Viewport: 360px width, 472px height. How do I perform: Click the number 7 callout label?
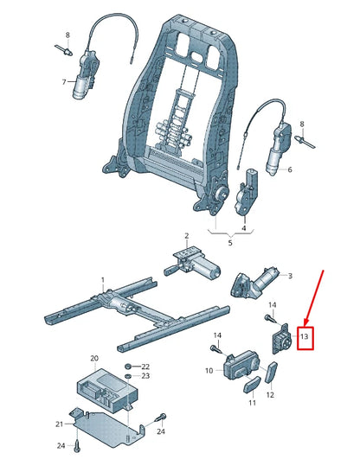(x=63, y=82)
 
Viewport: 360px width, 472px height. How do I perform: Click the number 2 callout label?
(x=185, y=236)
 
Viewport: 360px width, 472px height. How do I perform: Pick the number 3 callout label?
(x=289, y=277)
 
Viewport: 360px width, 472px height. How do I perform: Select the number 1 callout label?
(x=102, y=280)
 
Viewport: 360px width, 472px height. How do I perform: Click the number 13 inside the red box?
(x=304, y=335)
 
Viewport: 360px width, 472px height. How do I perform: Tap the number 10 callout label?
(x=209, y=371)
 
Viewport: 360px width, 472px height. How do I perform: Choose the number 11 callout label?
(x=252, y=403)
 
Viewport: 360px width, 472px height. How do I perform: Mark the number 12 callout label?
(x=271, y=395)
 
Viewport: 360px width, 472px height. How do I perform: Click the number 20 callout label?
(x=94, y=357)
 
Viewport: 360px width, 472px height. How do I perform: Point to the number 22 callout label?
(x=145, y=367)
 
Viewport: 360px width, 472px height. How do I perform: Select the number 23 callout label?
(x=145, y=377)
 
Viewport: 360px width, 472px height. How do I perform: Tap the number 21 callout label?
(x=61, y=424)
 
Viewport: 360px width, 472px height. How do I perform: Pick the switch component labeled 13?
(x=281, y=337)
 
